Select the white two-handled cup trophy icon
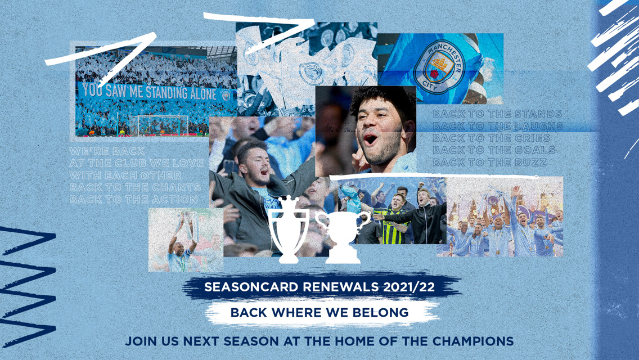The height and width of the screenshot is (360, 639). click(x=343, y=236)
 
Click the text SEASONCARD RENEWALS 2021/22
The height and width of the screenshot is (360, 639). click(x=319, y=287)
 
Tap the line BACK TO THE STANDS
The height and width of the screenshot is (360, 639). click(x=497, y=114)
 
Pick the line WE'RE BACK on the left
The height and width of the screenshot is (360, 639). click(x=107, y=151)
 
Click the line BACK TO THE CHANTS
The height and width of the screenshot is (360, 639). click(x=135, y=187)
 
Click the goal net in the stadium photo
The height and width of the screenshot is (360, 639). click(x=163, y=125)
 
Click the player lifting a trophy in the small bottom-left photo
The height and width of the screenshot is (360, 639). click(x=181, y=242)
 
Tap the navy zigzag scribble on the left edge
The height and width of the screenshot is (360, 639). click(x=25, y=287)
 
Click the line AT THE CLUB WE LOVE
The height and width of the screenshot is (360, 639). click(x=137, y=164)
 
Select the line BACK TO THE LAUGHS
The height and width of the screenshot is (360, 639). click(x=498, y=127)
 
